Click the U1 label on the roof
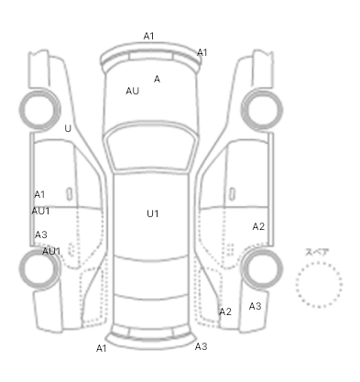153,213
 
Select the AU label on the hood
133,91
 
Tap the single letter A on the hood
157,79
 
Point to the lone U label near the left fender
68,128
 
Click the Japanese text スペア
317,252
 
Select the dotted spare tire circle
319,262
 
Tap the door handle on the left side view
70,194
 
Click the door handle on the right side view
232,194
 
